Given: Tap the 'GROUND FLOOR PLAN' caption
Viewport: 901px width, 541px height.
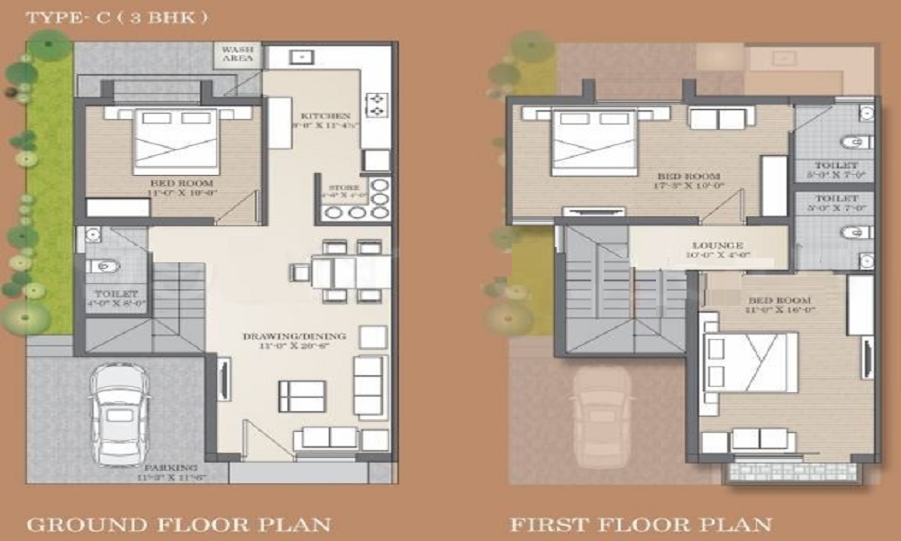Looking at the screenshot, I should coord(178,524).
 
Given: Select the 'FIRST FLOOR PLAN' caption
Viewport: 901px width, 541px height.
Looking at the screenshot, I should coord(641,524).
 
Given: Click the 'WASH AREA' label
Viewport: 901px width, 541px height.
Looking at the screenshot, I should coord(237,54).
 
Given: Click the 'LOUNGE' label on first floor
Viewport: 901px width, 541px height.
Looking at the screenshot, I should coord(717,245).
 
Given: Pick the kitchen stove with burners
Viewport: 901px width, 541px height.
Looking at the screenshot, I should coord(375,105).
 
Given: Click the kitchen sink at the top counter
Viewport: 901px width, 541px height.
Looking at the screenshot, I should coord(300,57).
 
